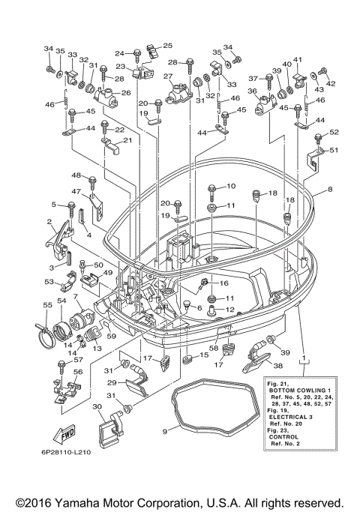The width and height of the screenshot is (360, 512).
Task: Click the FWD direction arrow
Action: [64, 434]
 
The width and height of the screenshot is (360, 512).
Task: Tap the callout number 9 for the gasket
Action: [165, 432]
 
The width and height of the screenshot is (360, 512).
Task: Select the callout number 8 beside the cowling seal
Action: [330, 189]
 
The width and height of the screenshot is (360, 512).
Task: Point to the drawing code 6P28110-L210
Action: [66, 452]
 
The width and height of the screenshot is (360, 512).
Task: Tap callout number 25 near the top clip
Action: [167, 46]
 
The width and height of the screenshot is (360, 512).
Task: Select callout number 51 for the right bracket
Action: [334, 150]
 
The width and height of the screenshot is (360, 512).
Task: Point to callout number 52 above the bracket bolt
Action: [334, 132]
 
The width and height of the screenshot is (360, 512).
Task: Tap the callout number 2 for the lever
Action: [49, 222]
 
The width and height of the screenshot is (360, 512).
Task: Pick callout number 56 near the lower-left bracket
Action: [78, 372]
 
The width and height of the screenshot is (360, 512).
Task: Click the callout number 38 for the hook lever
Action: [278, 366]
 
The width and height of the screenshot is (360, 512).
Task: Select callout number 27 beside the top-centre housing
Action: [167, 76]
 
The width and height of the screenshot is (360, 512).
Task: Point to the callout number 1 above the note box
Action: [304, 358]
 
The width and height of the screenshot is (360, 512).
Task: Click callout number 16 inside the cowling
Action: [224, 283]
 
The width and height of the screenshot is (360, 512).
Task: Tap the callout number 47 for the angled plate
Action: [76, 191]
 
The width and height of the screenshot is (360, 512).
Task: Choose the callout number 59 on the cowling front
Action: [112, 336]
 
